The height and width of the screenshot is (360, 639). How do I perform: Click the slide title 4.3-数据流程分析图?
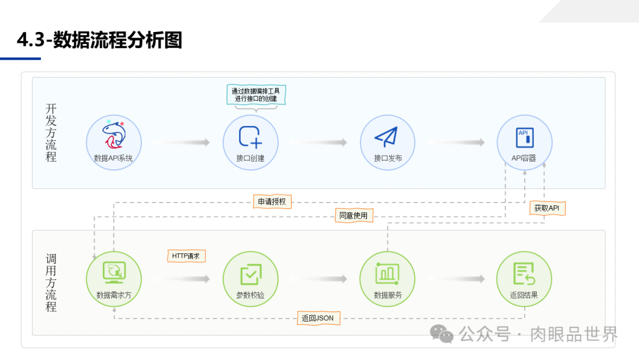click(99, 40)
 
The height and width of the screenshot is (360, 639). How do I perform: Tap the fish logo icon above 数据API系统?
click(114, 135)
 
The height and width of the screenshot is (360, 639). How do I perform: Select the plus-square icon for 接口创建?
click(250, 137)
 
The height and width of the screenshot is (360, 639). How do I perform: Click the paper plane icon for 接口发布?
click(387, 137)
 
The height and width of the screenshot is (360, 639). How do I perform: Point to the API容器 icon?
click(524, 137)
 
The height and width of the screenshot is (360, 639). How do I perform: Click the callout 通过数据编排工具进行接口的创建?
click(256, 95)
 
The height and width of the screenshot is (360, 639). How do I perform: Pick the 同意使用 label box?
click(354, 216)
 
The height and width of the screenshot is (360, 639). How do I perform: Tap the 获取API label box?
click(547, 208)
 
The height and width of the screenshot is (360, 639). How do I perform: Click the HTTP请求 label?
click(186, 256)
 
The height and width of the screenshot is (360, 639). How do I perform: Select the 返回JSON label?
click(318, 318)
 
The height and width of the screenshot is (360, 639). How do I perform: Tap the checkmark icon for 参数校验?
click(250, 275)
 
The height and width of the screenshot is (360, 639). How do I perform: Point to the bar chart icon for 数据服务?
click(387, 273)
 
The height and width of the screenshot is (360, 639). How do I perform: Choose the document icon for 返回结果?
click(524, 274)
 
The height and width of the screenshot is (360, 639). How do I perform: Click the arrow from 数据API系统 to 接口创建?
click(182, 143)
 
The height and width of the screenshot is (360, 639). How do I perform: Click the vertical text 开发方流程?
click(51, 133)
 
